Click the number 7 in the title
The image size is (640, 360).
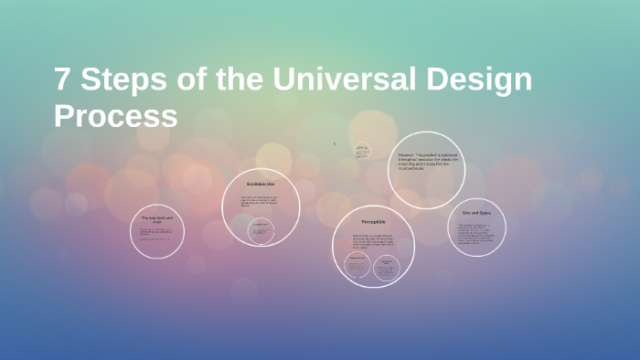pyautogui.click(x=62, y=80)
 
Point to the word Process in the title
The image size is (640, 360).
pyautogui.click(x=115, y=117)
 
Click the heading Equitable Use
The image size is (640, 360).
pyautogui.click(x=261, y=185)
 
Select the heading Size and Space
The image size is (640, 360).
pyautogui.click(x=477, y=212)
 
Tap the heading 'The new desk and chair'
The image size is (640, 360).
pyautogui.click(x=156, y=220)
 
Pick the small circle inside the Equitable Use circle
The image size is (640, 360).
pyautogui.click(x=261, y=229)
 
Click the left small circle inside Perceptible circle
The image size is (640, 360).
pyautogui.click(x=357, y=267)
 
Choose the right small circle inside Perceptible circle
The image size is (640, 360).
pyautogui.click(x=388, y=267)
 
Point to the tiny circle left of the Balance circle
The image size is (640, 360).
pyautogui.click(x=362, y=151)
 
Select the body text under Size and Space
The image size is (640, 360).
pyautogui.click(x=476, y=234)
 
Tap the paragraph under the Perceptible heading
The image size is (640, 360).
pyautogui.click(x=373, y=242)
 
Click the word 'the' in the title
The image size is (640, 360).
pyautogui.click(x=239, y=80)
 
